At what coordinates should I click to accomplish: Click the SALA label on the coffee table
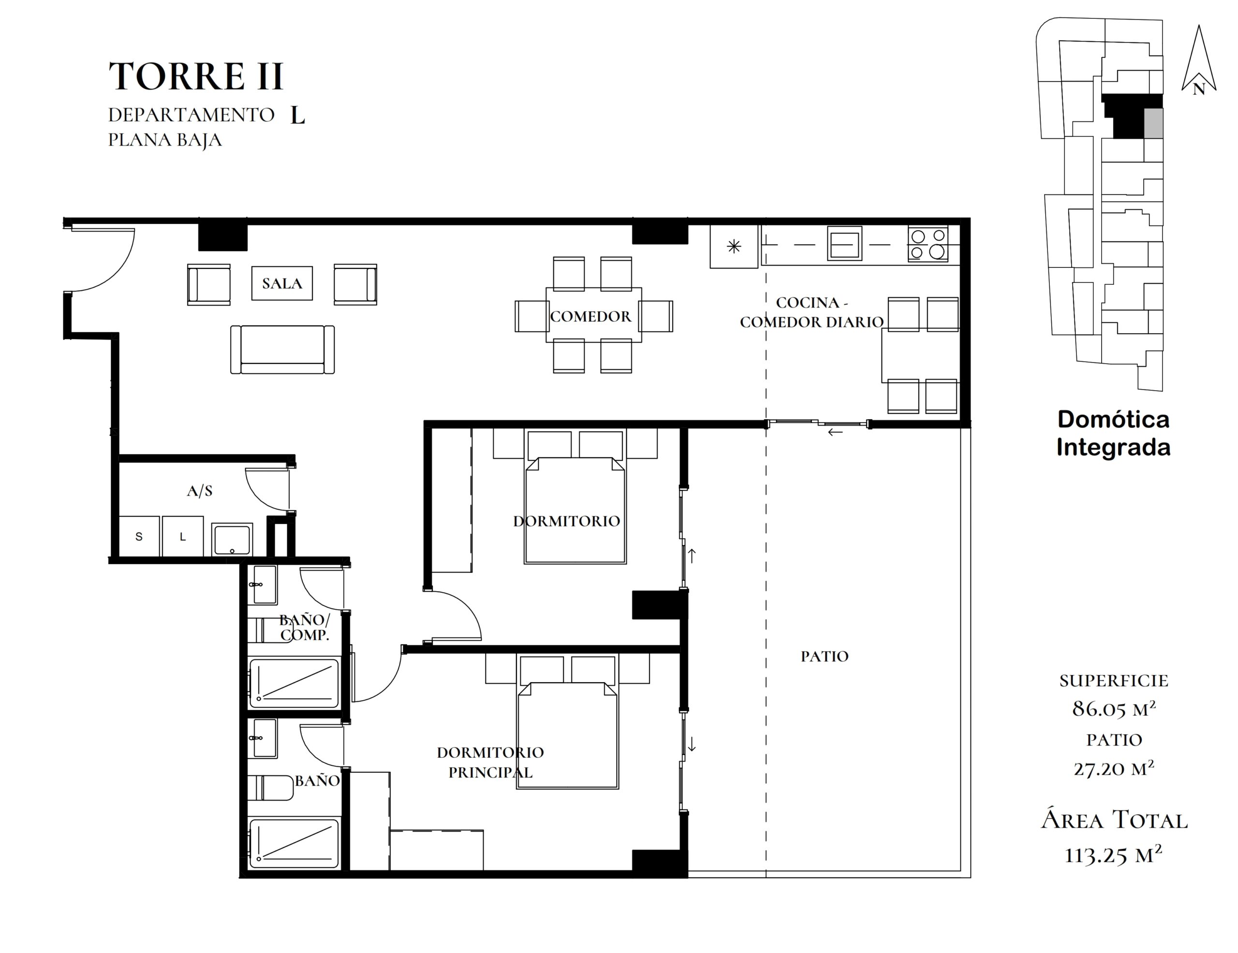coord(282,283)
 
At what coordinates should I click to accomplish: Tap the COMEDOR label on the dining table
coord(590,316)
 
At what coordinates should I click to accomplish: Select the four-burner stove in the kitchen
coord(928,244)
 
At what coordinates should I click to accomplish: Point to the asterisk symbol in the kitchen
coord(734,246)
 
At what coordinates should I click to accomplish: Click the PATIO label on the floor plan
coord(824,656)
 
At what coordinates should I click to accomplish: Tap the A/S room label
coord(200,491)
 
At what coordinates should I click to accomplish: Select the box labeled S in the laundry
coord(139,536)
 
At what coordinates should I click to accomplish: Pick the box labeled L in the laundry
coord(182,536)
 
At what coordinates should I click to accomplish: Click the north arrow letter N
coord(1198,89)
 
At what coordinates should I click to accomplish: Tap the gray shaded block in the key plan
coord(1153,123)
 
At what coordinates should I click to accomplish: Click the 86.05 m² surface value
coord(1114,709)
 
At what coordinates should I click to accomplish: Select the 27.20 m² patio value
coord(1114,768)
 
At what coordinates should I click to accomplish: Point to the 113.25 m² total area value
coord(1113,855)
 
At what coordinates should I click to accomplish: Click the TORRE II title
coord(195,76)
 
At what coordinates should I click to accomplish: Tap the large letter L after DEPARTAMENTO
coord(297,115)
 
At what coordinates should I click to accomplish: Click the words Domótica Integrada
coord(1113,433)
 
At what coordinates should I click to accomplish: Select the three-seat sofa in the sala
coord(282,350)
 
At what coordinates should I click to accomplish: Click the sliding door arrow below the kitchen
coord(835,432)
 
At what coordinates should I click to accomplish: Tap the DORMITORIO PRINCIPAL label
coord(490,762)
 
